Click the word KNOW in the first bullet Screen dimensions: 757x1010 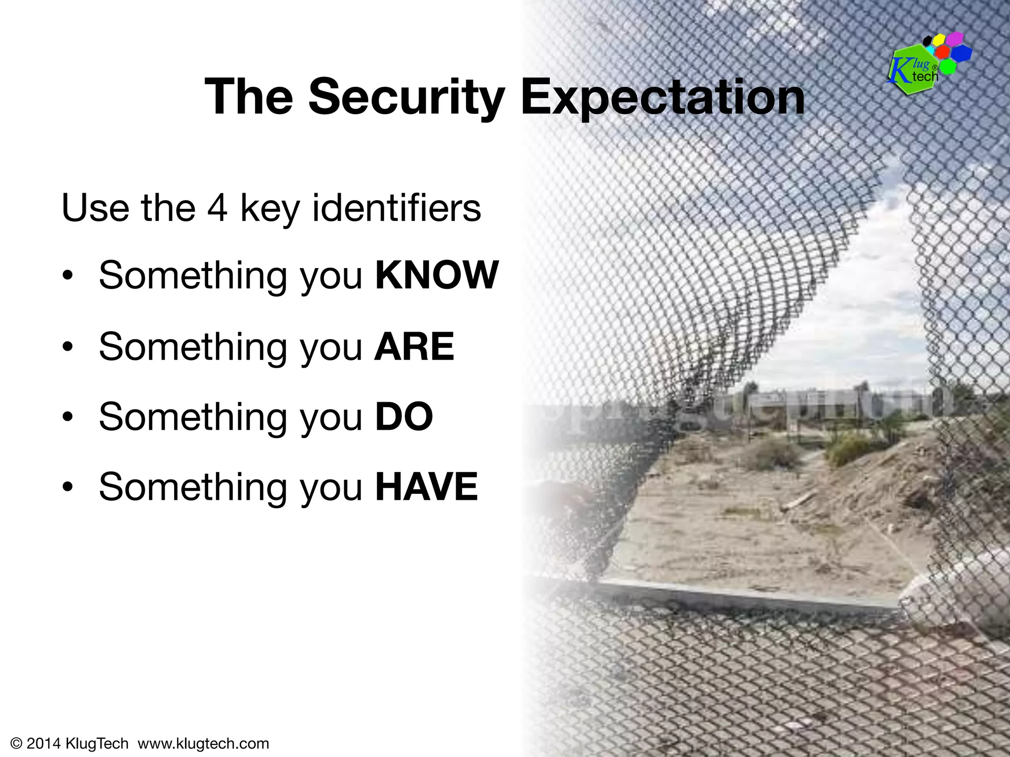[x=437, y=275]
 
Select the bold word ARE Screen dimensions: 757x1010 [x=414, y=346]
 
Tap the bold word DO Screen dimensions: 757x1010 [x=404, y=417]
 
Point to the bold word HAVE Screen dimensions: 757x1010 [x=427, y=487]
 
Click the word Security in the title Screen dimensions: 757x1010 [x=406, y=97]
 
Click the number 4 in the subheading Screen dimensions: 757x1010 [x=217, y=208]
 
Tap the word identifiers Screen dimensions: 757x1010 [x=397, y=208]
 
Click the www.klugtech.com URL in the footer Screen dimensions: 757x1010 [x=203, y=743]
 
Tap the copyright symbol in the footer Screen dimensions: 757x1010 [x=16, y=743]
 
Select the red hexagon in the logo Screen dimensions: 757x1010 [x=943, y=52]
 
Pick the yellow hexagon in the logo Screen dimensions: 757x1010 [x=938, y=40]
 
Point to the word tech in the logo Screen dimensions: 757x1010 [x=925, y=76]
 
